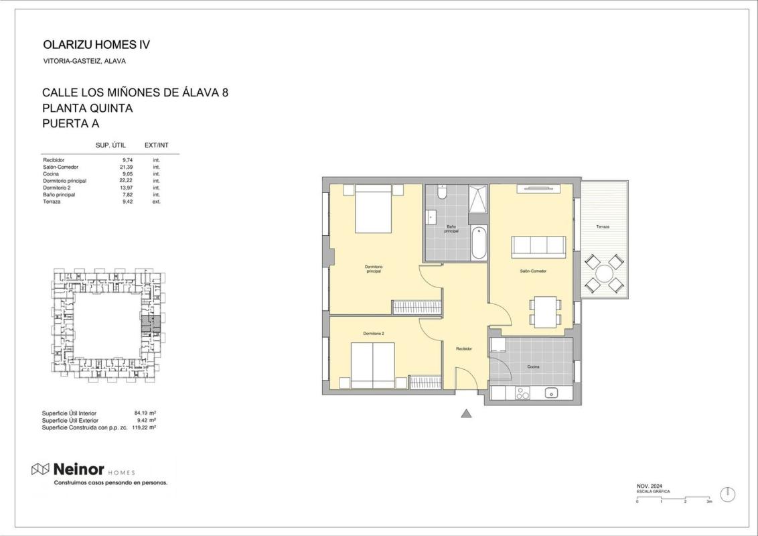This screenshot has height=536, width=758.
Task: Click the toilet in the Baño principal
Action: pyautogui.click(x=441, y=193)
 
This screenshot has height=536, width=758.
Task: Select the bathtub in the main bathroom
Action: pyautogui.click(x=479, y=243)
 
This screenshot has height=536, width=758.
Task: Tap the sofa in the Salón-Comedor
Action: pyautogui.click(x=538, y=246)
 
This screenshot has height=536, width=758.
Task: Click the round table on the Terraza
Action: pyautogui.click(x=604, y=274)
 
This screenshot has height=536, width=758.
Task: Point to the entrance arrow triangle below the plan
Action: pyautogui.click(x=466, y=413)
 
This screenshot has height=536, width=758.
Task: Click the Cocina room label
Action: pyautogui.click(x=533, y=366)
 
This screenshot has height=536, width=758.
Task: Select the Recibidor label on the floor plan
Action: pyautogui.click(x=464, y=348)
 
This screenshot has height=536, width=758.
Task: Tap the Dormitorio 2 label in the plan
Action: pyautogui.click(x=373, y=334)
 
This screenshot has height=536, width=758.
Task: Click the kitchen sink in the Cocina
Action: pyautogui.click(x=551, y=393)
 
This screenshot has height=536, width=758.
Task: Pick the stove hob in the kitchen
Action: pyautogui.click(x=522, y=393)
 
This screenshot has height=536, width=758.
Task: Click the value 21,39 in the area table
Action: pyautogui.click(x=126, y=167)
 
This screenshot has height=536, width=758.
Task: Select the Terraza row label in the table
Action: pyautogui.click(x=52, y=202)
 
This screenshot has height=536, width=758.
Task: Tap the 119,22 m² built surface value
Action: pyautogui.click(x=143, y=427)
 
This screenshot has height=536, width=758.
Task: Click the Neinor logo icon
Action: pyautogui.click(x=40, y=469)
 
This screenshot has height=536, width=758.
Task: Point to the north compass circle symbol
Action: pyautogui.click(x=728, y=494)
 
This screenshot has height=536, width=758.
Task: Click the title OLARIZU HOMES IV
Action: pyautogui.click(x=96, y=44)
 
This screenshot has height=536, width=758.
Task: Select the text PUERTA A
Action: pyautogui.click(x=70, y=123)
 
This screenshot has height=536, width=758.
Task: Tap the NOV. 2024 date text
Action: pyautogui.click(x=650, y=486)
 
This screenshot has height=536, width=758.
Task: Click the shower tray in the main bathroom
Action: pyautogui.click(x=477, y=199)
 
